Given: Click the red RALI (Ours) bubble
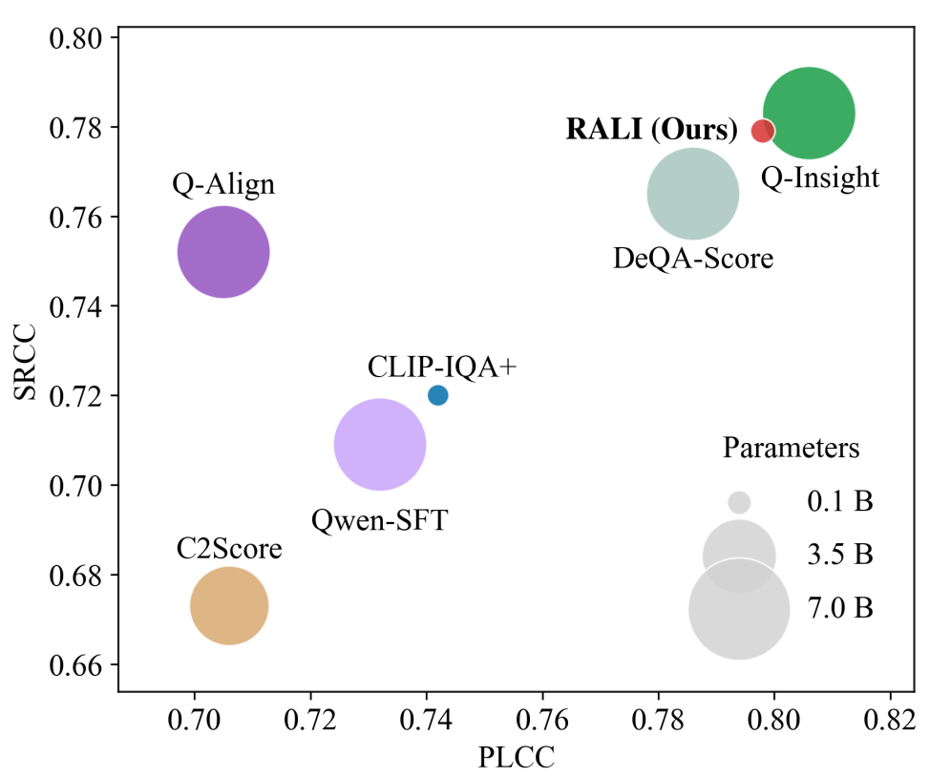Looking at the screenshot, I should point(762,131).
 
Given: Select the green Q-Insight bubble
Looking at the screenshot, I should point(808,114).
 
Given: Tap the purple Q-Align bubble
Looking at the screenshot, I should point(223,252).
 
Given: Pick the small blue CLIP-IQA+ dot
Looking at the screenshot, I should point(438,395).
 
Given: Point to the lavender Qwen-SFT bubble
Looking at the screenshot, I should point(380,445).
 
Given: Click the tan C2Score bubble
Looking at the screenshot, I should point(229,605).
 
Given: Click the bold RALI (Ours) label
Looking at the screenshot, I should point(651,130).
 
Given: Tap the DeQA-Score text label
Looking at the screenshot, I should point(692,258).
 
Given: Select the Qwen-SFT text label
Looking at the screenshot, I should point(379,521).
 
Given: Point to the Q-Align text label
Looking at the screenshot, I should point(223,184).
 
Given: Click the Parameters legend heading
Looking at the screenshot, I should point(792,448).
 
